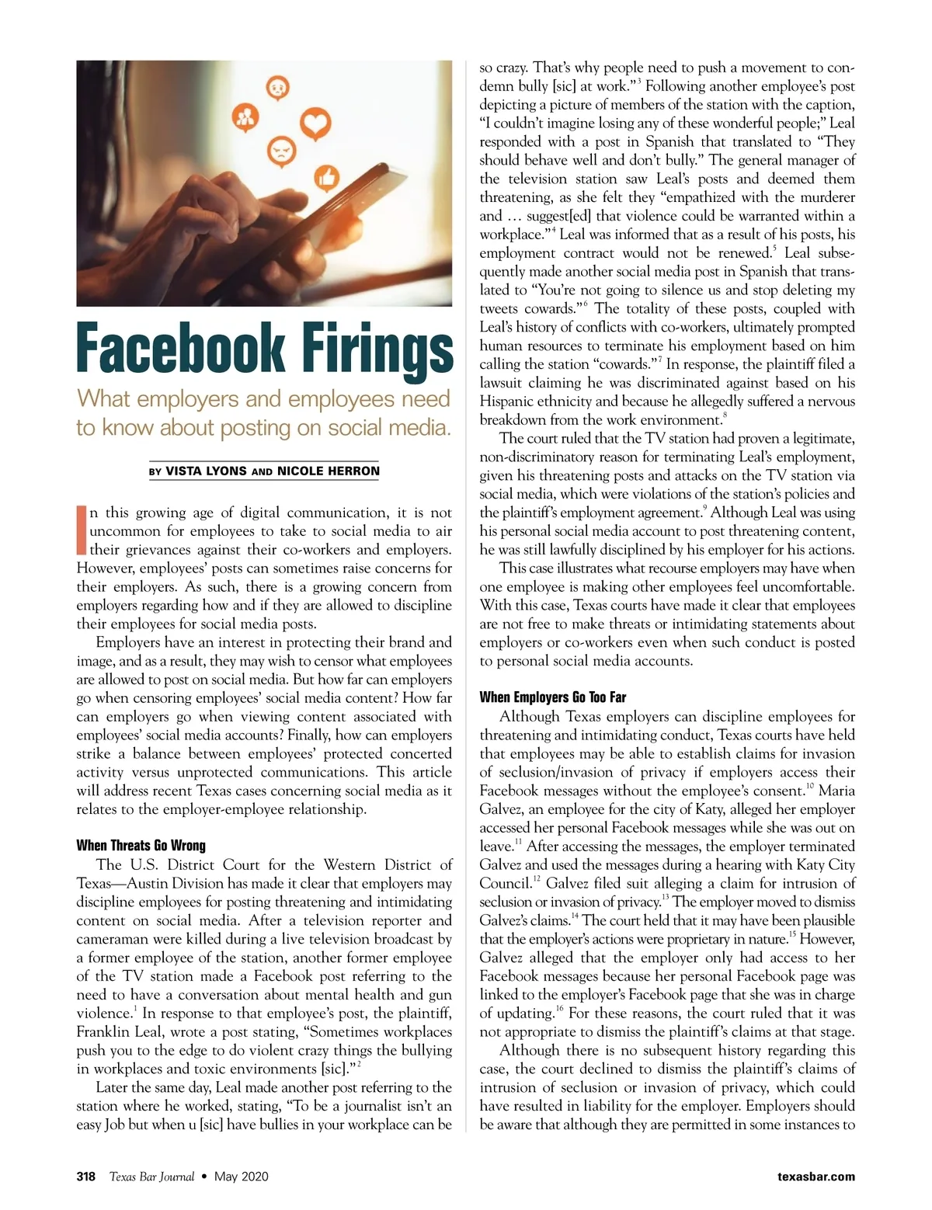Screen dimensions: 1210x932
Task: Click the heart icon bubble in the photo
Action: click(x=315, y=125)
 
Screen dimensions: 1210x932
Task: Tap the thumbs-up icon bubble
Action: click(x=327, y=178)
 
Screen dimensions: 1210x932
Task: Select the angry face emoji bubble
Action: click(x=278, y=150)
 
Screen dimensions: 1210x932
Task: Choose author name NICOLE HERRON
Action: click(x=329, y=471)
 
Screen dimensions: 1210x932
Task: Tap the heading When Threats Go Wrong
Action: click(x=141, y=846)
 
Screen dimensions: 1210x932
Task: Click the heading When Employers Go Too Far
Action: click(x=552, y=697)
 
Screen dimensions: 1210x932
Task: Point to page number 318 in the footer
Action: click(x=85, y=1177)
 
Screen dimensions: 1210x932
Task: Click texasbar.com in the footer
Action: click(x=815, y=1177)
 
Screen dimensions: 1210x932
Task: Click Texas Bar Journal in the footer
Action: click(x=151, y=1177)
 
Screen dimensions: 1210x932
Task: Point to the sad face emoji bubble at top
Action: click(x=276, y=88)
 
